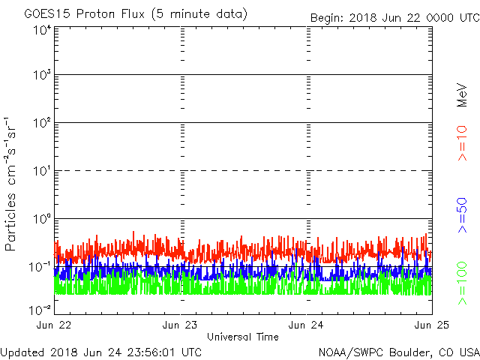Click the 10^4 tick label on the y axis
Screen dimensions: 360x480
pyautogui.click(x=42, y=30)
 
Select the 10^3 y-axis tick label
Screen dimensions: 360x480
pyautogui.click(x=42, y=76)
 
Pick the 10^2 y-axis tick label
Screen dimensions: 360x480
pyautogui.click(x=42, y=123)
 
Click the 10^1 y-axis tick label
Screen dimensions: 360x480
pyautogui.click(x=42, y=171)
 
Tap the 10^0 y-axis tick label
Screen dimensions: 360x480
pyautogui.click(x=42, y=219)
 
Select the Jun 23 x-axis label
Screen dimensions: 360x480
pyautogui.click(x=181, y=325)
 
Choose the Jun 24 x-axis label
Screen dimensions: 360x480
pyautogui.click(x=307, y=325)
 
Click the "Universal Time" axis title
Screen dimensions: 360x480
pyautogui.click(x=243, y=337)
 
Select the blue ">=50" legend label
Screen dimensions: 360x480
pyautogui.click(x=462, y=215)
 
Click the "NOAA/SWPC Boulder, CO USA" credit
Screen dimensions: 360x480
pyautogui.click(x=398, y=351)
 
